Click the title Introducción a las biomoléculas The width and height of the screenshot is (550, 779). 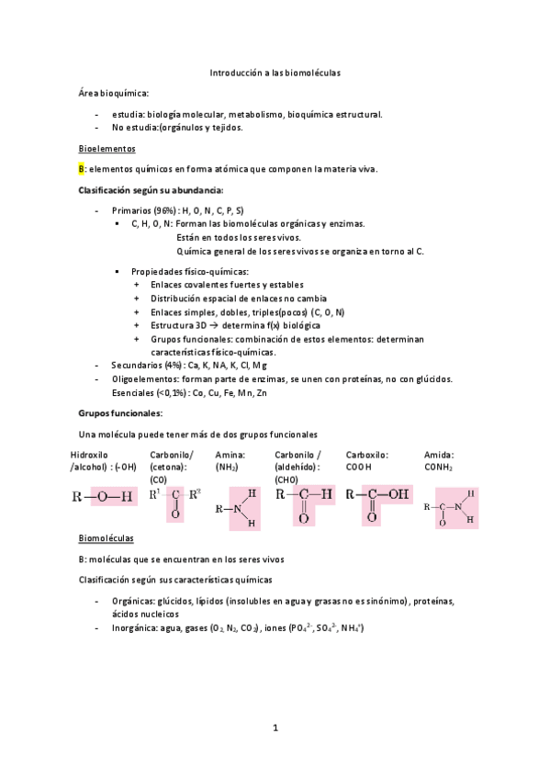pos(275,72)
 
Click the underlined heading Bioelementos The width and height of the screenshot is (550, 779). pos(107,148)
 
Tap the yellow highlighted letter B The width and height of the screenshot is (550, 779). pos(82,169)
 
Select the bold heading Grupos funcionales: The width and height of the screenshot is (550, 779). pos(120,413)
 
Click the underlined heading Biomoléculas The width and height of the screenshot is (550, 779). pos(107,537)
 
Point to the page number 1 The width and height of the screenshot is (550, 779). pos(275,728)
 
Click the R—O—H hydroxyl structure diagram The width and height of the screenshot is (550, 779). pos(102,496)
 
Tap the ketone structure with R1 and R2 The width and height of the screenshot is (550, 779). pos(174,502)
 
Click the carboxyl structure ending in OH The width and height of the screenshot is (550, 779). pos(377,502)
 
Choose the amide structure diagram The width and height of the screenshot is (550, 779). pos(449,506)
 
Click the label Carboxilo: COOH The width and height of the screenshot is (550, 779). pos(367,460)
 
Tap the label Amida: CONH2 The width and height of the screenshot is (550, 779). pos(440,460)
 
